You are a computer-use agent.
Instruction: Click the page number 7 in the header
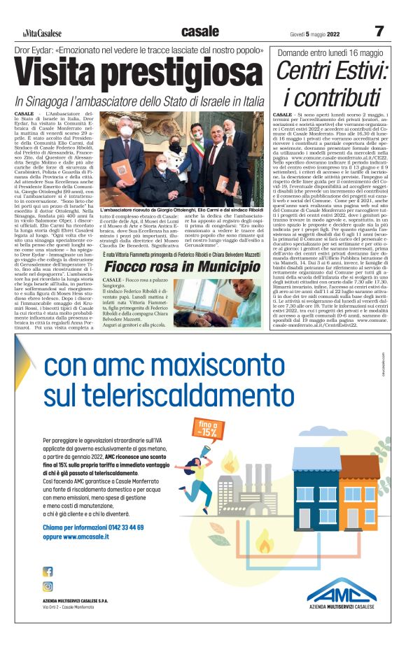[x=379, y=31]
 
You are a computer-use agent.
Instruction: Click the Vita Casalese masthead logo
[x=41, y=33]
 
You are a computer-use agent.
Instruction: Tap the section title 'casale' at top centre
[x=199, y=31]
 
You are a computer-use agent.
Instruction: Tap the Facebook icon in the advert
[x=48, y=572]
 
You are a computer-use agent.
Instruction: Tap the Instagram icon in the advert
[x=48, y=587]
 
